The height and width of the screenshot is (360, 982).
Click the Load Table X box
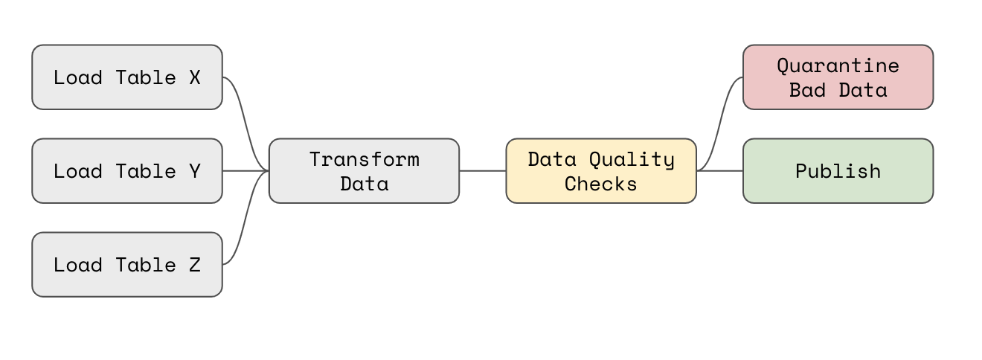(127, 77)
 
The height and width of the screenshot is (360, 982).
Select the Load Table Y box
(127, 171)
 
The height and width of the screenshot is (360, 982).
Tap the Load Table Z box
(127, 265)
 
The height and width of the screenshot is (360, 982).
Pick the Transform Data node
(364, 171)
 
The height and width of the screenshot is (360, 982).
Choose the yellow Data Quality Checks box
(601, 171)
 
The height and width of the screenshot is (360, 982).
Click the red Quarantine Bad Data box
(838, 77)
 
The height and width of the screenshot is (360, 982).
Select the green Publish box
(838, 171)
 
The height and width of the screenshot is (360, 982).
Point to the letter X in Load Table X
(195, 77)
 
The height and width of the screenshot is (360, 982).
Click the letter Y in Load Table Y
(195, 172)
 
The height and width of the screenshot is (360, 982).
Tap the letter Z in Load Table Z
(195, 266)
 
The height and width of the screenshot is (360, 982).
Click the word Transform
(365, 159)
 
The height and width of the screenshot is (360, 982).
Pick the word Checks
(600, 184)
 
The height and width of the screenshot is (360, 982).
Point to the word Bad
(807, 90)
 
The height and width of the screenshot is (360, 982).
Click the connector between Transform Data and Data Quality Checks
(483, 171)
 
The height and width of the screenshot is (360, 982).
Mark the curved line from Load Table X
(245, 124)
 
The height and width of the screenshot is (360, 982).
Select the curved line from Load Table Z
(245, 218)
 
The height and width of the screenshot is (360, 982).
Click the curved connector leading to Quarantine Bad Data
(720, 124)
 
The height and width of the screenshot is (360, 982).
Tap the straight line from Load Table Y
(245, 171)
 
